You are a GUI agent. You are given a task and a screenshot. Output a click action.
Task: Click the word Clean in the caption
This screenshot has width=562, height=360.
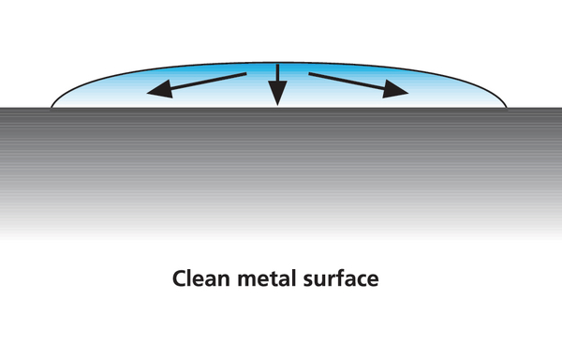[201, 278]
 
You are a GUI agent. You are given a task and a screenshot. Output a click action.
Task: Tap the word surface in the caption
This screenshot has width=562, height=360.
[341, 278]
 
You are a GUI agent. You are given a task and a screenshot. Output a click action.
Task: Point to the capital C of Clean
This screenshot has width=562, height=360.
[180, 278]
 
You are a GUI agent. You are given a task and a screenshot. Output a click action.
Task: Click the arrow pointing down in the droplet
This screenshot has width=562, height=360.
[277, 85]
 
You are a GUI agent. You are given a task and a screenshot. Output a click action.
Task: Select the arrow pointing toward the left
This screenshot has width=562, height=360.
[197, 85]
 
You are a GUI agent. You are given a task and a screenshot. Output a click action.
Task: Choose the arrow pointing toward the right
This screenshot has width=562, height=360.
[359, 85]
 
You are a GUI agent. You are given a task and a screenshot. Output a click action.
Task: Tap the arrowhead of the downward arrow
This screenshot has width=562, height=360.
[277, 93]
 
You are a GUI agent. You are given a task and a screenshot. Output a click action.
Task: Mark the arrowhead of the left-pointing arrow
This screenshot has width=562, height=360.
[160, 90]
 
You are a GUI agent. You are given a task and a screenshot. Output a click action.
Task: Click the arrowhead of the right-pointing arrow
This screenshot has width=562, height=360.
[394, 90]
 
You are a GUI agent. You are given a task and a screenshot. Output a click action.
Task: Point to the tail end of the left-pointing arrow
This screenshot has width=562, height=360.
[246, 74]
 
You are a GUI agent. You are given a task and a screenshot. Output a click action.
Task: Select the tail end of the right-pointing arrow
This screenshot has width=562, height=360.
[309, 74]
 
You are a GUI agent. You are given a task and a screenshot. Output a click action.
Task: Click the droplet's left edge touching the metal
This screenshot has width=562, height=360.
[52, 107]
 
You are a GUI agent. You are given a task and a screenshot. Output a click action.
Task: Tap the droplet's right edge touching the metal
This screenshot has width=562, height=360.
[506, 107]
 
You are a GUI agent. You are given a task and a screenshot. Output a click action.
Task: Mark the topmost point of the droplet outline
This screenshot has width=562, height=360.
[278, 63]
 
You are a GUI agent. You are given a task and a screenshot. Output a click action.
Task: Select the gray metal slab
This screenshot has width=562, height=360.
[281, 172]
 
